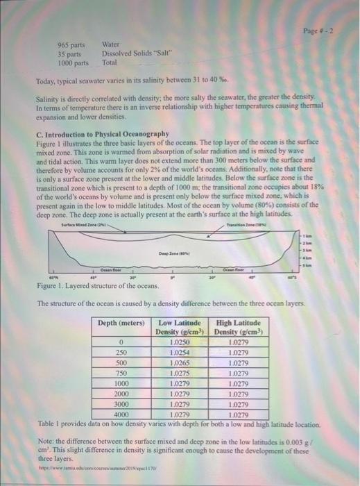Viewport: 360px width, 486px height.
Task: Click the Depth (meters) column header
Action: (121, 323)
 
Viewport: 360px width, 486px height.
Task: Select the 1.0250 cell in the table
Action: (179, 342)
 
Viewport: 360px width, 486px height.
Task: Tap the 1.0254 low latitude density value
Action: (179, 352)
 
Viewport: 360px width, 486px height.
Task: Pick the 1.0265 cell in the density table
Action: (179, 362)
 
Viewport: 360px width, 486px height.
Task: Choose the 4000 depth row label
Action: (121, 414)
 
